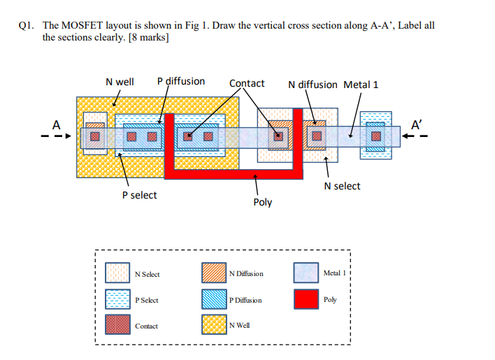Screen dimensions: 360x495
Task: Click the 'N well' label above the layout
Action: point(120,82)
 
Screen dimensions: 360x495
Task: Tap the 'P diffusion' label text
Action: point(181,81)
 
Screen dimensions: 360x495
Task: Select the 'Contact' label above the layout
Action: point(247,83)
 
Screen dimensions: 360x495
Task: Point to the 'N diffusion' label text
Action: point(313,85)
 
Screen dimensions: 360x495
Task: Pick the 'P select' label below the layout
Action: point(139,195)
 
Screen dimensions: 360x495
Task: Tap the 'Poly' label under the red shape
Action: point(262,202)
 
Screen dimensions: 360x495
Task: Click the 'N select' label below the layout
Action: point(343,186)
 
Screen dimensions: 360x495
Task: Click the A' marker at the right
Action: point(417,125)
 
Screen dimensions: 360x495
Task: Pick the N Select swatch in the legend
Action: point(117,273)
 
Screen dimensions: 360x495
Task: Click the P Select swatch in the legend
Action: point(117,299)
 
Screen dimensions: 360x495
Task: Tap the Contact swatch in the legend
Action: point(117,325)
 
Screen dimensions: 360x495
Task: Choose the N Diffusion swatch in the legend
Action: point(213,273)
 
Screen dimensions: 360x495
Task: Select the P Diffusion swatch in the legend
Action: point(213,299)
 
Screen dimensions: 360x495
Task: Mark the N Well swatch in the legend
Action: point(213,325)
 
